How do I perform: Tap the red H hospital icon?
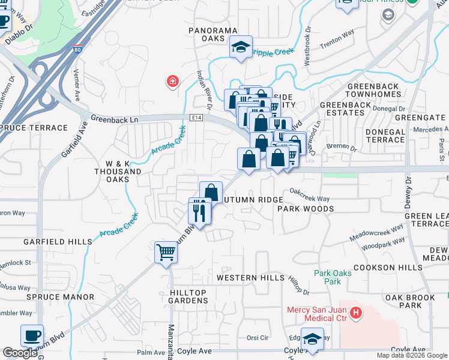[356, 313]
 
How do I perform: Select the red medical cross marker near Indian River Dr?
[172, 81]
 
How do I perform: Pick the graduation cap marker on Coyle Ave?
[312, 340]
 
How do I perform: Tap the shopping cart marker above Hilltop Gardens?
[166, 252]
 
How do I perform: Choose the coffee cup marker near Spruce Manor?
[32, 336]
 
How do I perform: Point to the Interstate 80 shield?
[77, 51]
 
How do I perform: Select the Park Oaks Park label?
[327, 277]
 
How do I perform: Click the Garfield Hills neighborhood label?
[58, 242]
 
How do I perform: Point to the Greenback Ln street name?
[114, 119]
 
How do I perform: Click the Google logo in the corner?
[20, 353]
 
